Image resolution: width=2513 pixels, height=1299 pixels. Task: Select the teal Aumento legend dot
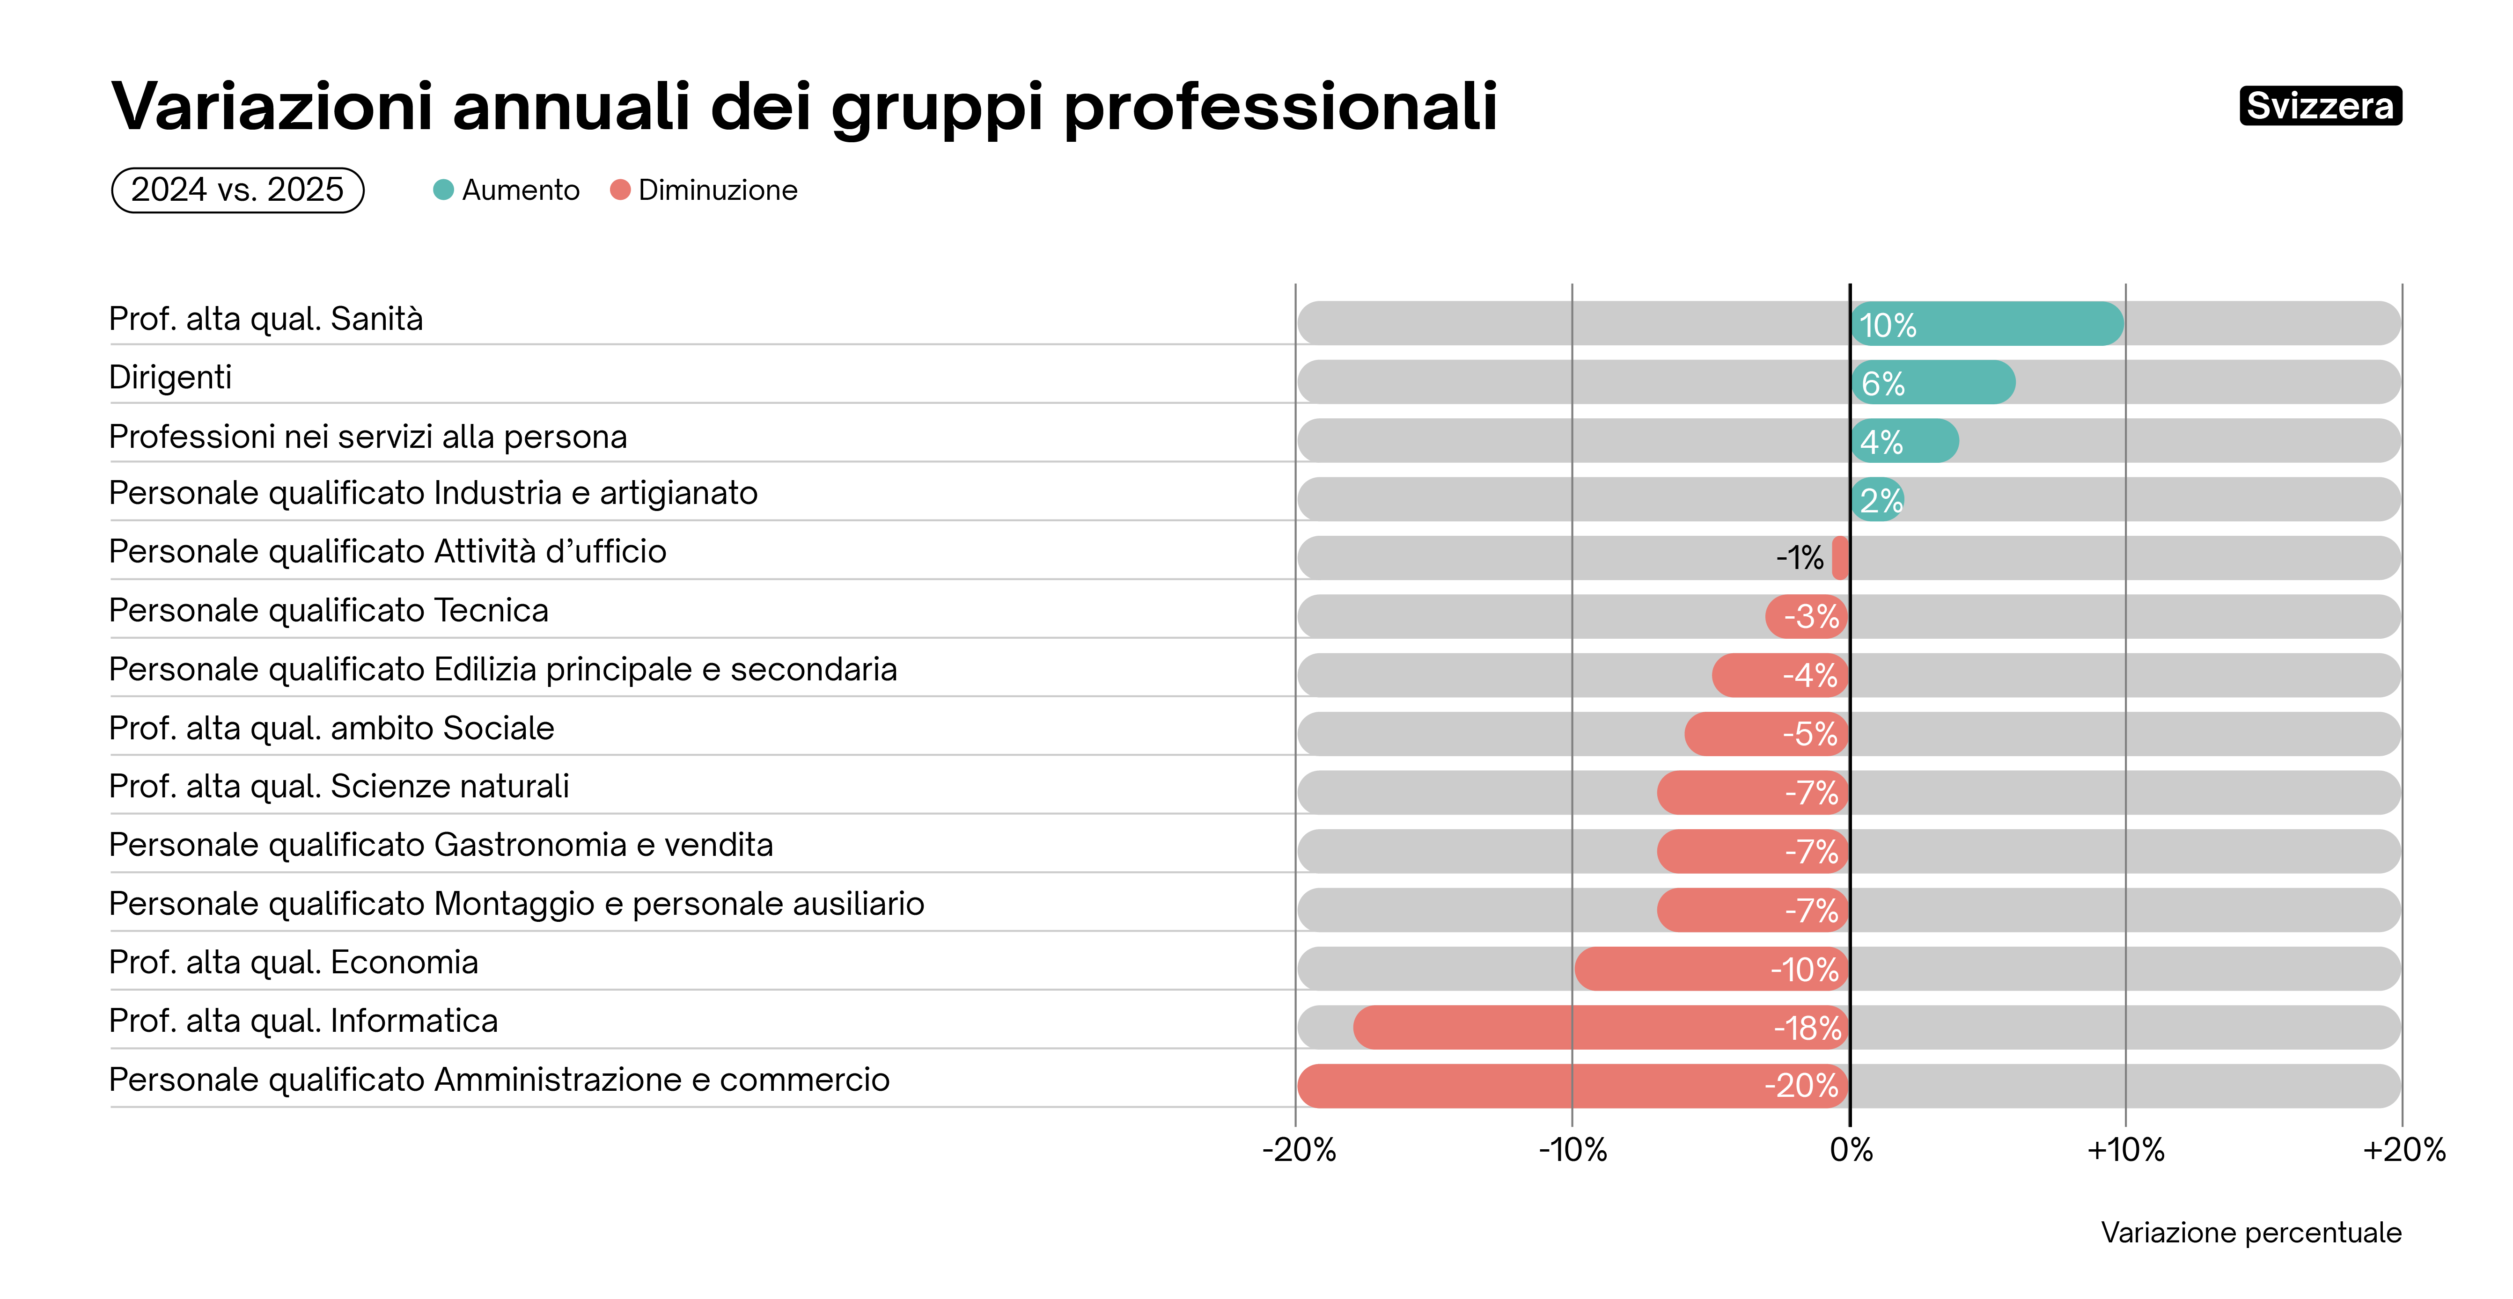point(443,190)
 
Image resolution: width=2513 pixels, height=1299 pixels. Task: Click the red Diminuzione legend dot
point(619,190)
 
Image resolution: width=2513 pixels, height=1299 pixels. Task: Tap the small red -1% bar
point(1840,558)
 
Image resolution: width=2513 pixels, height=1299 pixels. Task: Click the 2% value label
point(1880,500)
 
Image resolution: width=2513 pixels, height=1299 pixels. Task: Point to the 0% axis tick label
point(1851,1151)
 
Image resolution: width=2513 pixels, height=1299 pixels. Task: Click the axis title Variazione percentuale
point(2250,1233)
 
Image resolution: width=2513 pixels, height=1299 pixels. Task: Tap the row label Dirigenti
point(170,378)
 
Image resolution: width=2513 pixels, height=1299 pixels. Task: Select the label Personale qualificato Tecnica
point(329,611)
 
